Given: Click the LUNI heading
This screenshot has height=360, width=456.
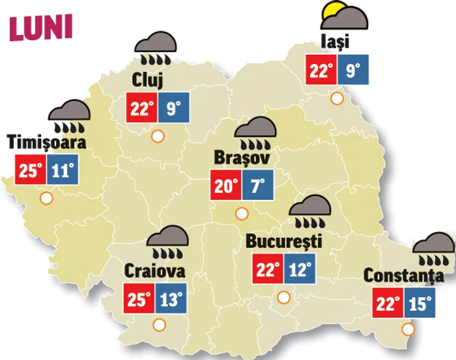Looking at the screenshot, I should (40, 27).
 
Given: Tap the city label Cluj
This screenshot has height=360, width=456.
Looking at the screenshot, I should (151, 81).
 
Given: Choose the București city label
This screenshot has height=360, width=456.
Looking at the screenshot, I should (283, 241).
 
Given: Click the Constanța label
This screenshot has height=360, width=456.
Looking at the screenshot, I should (403, 275).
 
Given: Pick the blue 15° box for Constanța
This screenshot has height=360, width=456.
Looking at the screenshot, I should (418, 303).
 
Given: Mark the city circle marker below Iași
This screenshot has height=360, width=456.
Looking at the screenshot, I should (337, 99).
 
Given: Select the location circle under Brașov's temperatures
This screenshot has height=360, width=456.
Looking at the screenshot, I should (242, 213).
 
